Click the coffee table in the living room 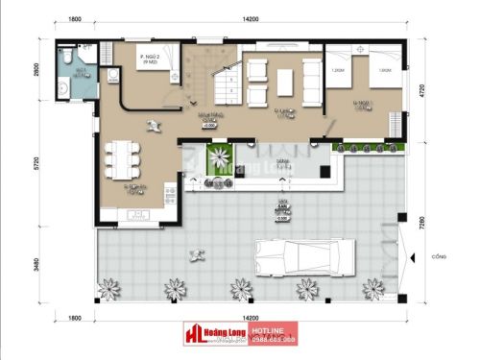point(285,81)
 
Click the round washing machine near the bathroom point(111,75)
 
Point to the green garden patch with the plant point(220,160)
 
